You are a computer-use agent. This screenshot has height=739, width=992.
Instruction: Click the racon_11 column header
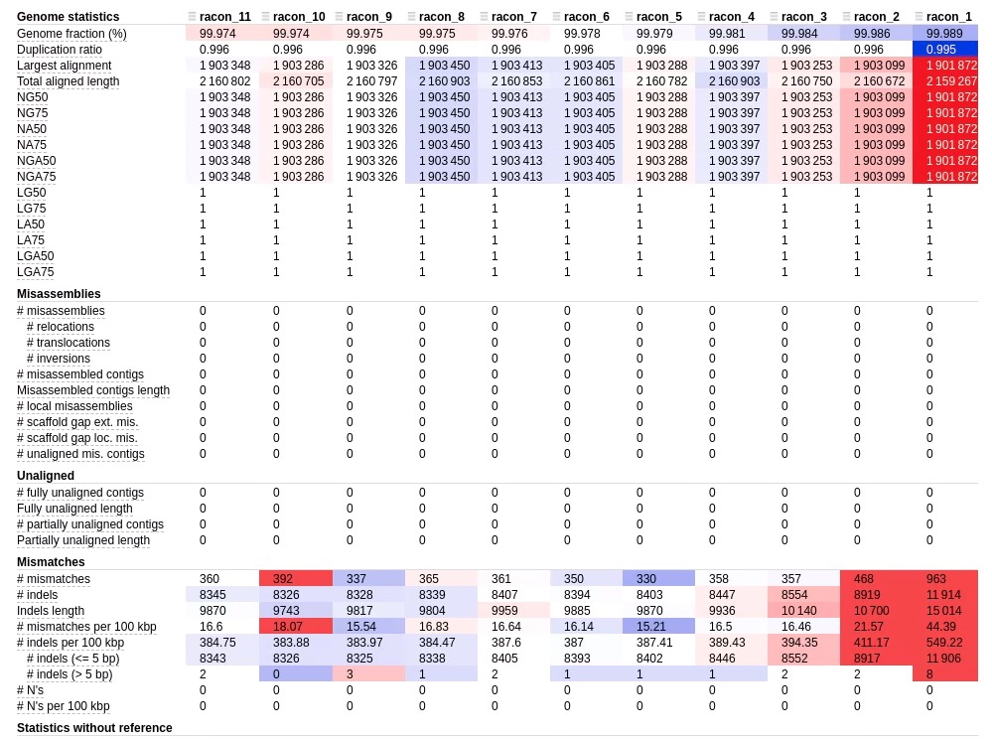224,17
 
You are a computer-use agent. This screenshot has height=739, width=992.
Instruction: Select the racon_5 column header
659,17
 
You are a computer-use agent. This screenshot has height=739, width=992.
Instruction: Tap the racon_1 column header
949,17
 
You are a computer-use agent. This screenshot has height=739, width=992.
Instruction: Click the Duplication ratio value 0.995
941,50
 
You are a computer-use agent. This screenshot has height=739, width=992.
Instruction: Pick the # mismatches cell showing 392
283,579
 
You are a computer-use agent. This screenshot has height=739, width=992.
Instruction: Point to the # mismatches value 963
936,579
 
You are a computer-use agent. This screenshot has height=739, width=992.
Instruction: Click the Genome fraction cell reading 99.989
944,34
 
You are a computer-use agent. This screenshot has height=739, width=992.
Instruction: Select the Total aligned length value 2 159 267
951,81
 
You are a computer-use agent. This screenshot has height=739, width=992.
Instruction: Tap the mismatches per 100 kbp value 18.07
287,627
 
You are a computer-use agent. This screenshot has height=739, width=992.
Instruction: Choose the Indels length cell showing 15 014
943,611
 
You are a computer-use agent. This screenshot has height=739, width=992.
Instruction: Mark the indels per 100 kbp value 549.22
944,643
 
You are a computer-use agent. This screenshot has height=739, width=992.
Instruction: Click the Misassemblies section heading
59,294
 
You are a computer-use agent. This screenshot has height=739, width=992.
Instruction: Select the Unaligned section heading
46,475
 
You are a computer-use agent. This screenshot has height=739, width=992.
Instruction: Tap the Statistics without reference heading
94,728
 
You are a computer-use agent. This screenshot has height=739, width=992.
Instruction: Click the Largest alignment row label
64,66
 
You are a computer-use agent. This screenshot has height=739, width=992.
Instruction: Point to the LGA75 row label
36,272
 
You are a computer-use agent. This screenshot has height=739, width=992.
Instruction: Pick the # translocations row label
69,343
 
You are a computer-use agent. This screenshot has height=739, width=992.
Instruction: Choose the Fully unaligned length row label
74,509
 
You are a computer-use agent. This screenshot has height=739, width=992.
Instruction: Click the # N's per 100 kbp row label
64,706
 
